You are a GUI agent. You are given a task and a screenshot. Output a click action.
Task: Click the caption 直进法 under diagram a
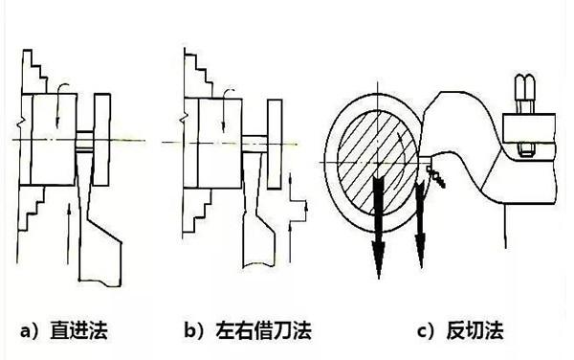pos(79,330)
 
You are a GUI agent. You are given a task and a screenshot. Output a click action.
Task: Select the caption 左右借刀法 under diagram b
pos(264,330)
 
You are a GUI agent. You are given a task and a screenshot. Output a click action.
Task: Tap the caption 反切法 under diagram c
pos(475,330)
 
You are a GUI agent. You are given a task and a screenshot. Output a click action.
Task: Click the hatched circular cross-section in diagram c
pos(378,162)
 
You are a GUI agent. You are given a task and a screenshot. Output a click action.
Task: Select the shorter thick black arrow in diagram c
pos(420,223)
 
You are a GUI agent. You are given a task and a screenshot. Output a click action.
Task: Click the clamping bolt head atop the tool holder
pos(524,94)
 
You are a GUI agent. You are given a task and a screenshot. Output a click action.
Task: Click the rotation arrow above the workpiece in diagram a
pos(59,105)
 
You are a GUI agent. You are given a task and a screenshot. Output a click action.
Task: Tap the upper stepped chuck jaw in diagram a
pos(34,72)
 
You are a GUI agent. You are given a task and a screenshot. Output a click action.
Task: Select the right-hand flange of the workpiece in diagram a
pos(101,140)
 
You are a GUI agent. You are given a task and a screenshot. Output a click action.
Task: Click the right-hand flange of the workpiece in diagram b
pos(275,144)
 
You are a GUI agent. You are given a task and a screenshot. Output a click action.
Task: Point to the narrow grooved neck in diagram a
pos(85,140)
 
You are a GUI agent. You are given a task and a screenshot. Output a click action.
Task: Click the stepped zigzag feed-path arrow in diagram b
pos(298,218)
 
